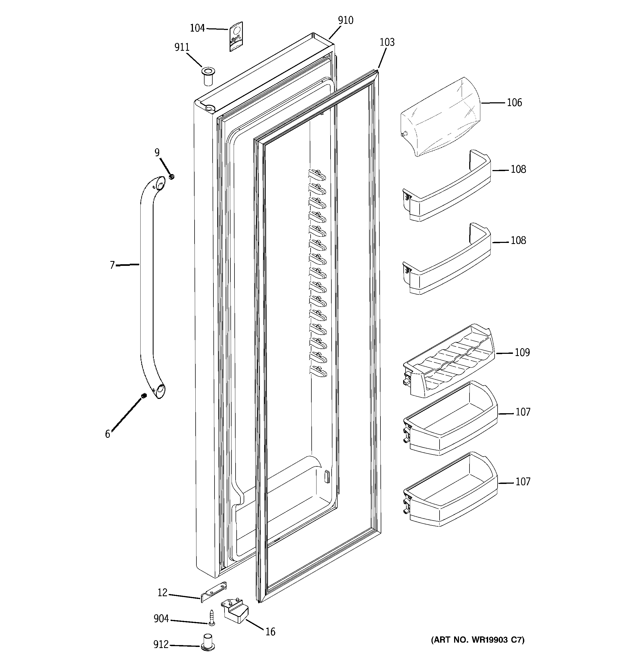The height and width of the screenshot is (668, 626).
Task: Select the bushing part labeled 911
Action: pos(208,76)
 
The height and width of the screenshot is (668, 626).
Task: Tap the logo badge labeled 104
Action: pos(236,37)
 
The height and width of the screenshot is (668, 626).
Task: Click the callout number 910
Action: pos(345,21)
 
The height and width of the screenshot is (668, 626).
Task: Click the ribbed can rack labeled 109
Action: pos(448,363)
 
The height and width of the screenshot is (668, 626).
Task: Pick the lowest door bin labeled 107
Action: pos(450,494)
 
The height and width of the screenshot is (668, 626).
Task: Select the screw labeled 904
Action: pos(211,618)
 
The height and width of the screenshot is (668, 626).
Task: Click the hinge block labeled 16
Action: pos(235,610)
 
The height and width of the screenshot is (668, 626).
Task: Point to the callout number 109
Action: pos(522,352)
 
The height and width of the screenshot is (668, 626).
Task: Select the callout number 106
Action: pos(514,103)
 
